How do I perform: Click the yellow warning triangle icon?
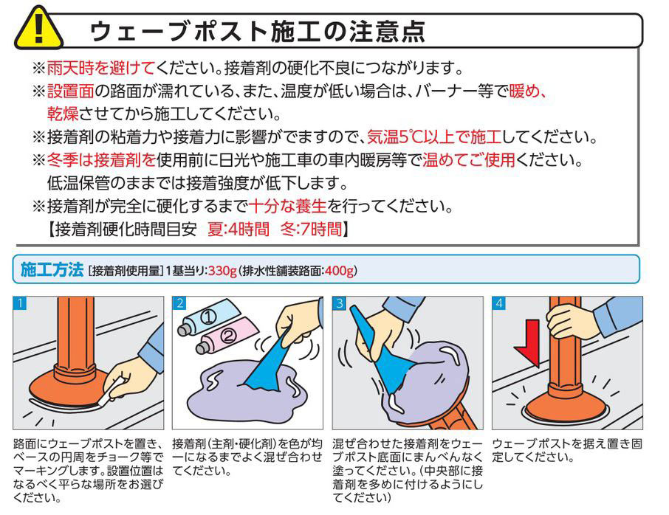[38, 28]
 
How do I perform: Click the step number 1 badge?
[20, 303]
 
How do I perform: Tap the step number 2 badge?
[179, 303]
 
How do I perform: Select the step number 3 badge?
[340, 303]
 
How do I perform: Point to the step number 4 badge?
[499, 303]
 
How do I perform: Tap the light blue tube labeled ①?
[208, 317]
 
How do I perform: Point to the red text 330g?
[222, 271]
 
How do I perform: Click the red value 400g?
[339, 271]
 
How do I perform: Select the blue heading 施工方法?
[52, 270]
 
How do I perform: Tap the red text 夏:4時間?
[238, 229]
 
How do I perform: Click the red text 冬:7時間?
[312, 229]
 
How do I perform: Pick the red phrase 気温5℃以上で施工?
[434, 137]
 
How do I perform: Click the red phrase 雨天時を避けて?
[100, 68]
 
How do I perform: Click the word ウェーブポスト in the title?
[175, 31]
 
